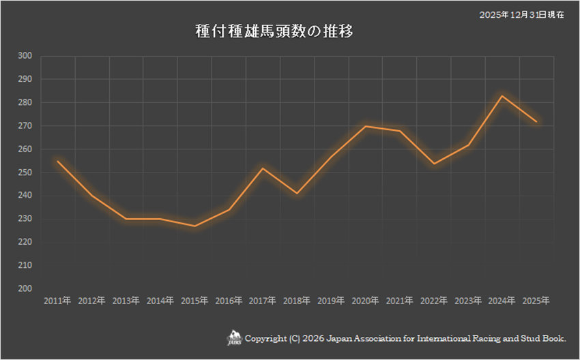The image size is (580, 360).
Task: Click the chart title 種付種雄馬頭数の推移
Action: [x=273, y=32]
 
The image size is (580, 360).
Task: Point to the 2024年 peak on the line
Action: [x=502, y=95]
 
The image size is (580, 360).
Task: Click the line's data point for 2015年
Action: [x=194, y=226]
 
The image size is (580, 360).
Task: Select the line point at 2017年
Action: [x=263, y=168]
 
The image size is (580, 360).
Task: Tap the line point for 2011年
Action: [x=58, y=161]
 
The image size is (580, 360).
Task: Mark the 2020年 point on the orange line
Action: [x=366, y=126]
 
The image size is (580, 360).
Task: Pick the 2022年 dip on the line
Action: [x=434, y=163]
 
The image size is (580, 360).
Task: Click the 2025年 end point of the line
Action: [x=536, y=121]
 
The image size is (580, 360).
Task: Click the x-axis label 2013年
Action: [x=126, y=300]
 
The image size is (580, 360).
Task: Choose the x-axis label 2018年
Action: [x=297, y=300]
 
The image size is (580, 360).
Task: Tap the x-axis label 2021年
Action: [x=399, y=300]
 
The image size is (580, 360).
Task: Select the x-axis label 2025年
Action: [x=536, y=300]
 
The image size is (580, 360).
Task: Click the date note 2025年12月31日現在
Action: [x=523, y=14]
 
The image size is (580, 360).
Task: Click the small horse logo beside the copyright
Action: [x=234, y=338]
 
